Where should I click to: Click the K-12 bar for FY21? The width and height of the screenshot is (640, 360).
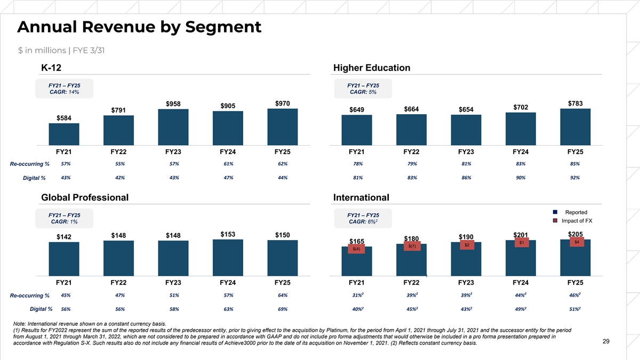click(x=64, y=134)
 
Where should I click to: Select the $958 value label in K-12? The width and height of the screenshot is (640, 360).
click(x=173, y=103)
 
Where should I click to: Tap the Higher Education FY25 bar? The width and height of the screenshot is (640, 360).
click(x=575, y=126)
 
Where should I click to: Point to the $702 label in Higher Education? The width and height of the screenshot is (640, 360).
click(x=521, y=107)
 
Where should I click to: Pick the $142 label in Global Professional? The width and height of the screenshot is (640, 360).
click(x=64, y=236)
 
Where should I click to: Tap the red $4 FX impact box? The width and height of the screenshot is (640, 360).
click(x=576, y=242)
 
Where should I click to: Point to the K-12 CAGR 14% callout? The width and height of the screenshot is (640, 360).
click(x=64, y=89)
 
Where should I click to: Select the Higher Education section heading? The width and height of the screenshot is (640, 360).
click(x=371, y=68)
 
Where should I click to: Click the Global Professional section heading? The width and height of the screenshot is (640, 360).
click(x=84, y=197)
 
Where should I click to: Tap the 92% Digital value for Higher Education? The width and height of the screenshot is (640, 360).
click(x=575, y=178)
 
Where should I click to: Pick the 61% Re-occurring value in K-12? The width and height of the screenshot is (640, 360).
click(x=228, y=164)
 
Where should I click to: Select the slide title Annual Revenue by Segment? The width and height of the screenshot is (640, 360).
click(x=139, y=27)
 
